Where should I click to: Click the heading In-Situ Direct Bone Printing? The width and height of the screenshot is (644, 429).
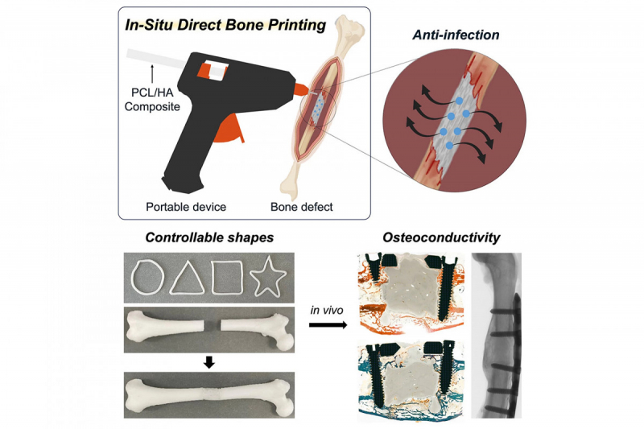tap(225, 24)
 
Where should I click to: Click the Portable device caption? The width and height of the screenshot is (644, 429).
tap(185, 206)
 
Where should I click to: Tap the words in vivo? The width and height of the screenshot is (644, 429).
tap(328, 308)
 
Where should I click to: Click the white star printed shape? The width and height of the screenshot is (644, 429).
tap(269, 278)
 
